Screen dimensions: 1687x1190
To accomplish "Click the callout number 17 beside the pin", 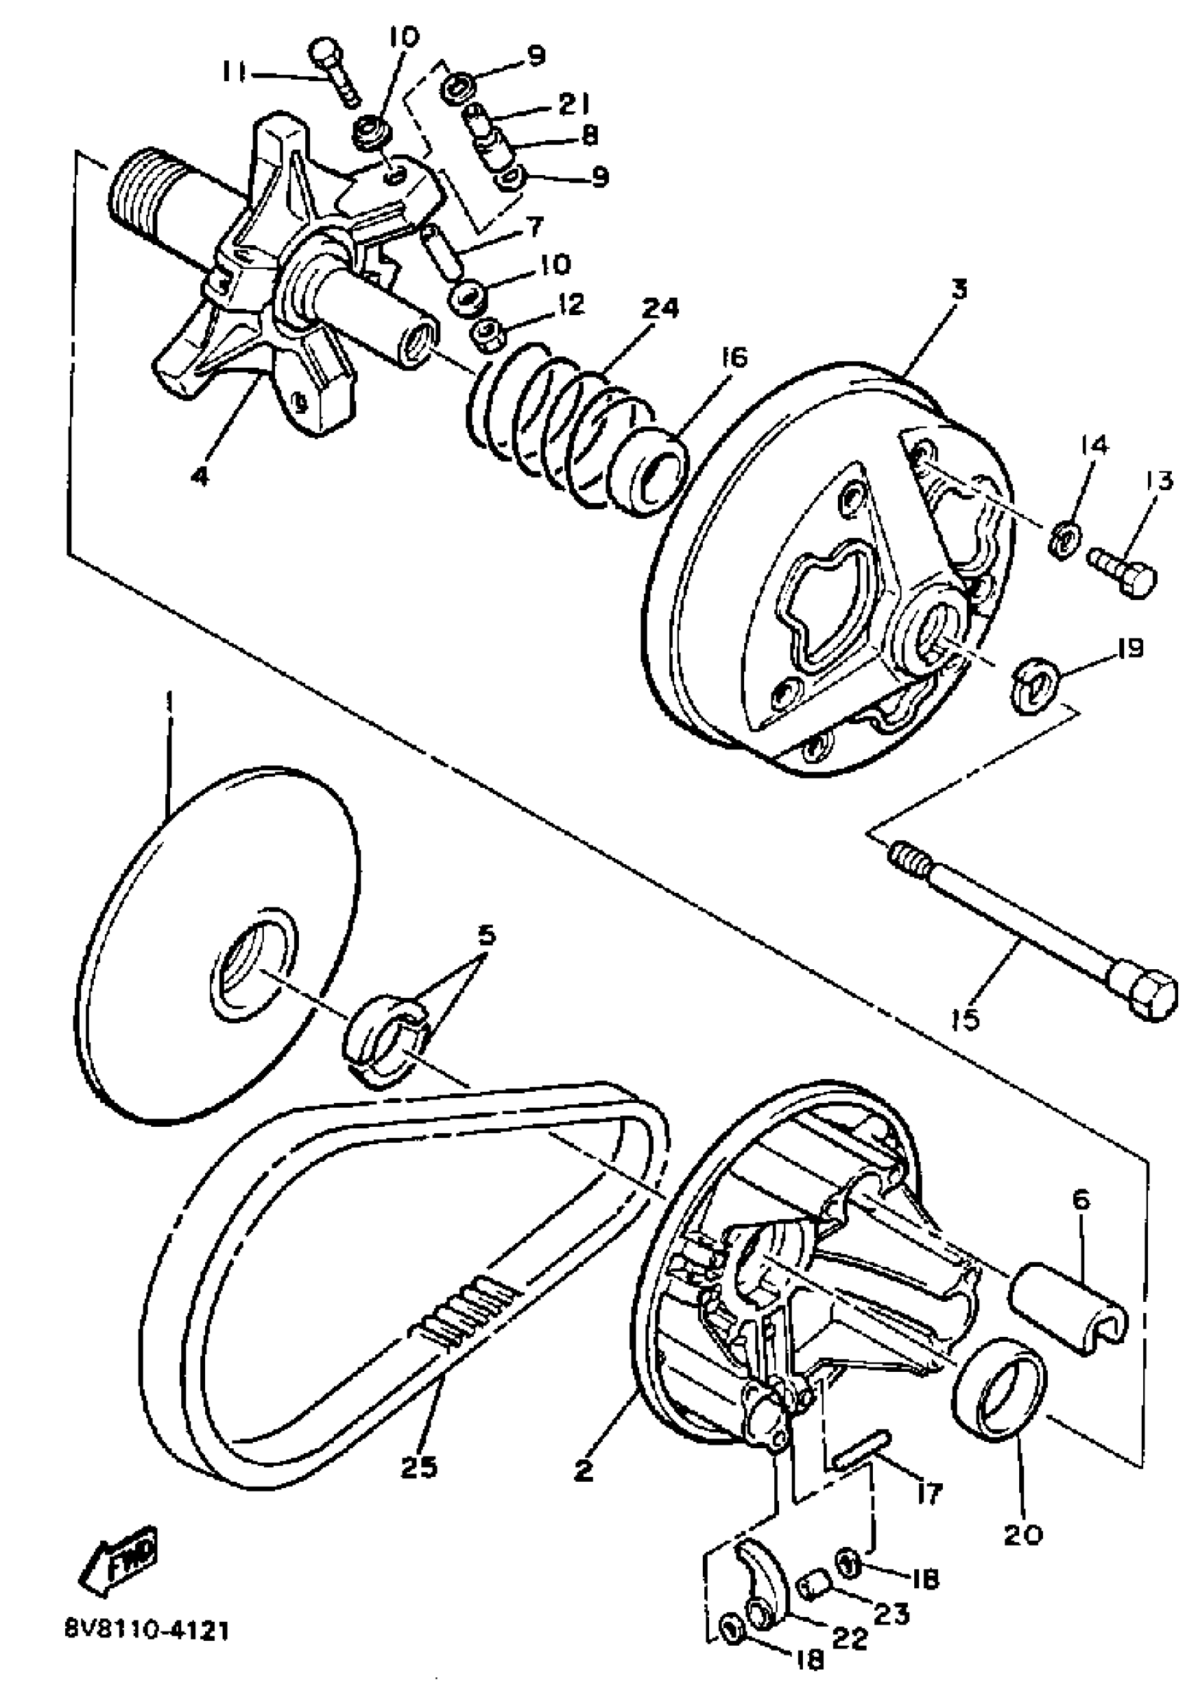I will click(928, 1492).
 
